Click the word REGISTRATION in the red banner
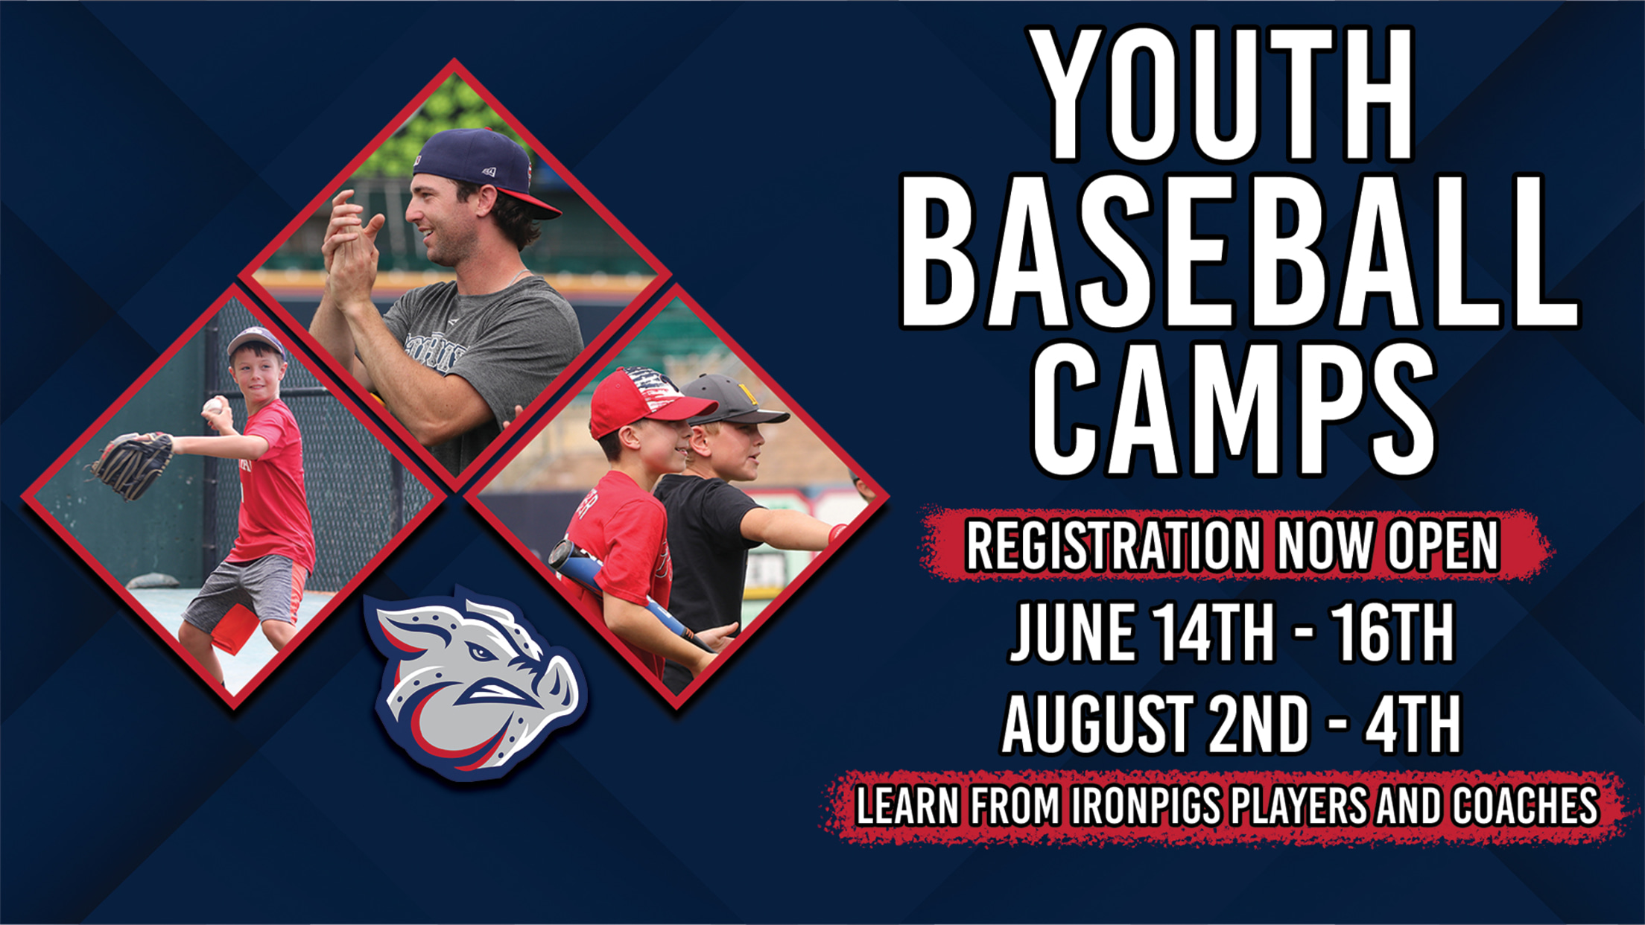(1113, 546)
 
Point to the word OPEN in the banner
(1442, 546)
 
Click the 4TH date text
(1412, 724)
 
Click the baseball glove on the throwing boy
(132, 465)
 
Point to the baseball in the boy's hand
(213, 406)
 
